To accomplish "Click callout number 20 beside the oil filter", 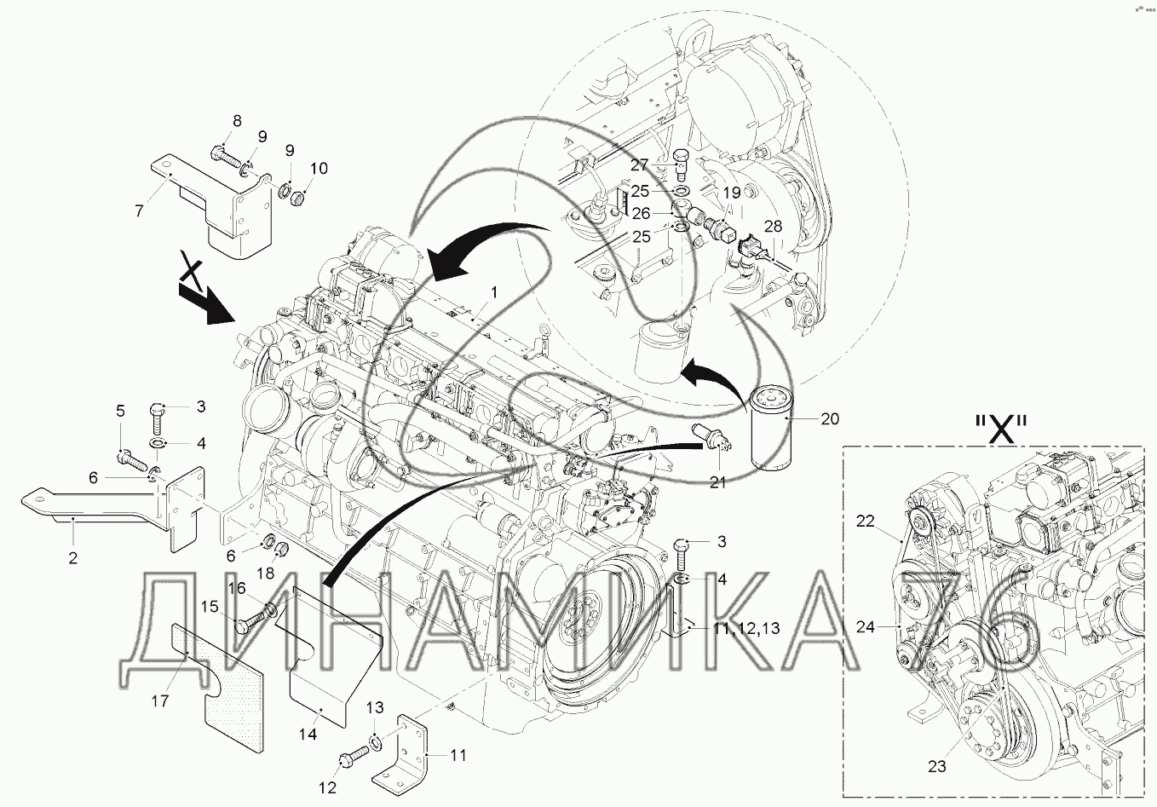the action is pyautogui.click(x=830, y=418).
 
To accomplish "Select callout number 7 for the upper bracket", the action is pyautogui.click(x=138, y=211).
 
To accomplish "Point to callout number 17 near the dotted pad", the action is pyautogui.click(x=160, y=701).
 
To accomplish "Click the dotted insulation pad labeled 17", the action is pyautogui.click(x=217, y=688).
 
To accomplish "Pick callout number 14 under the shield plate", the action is pyautogui.click(x=308, y=734).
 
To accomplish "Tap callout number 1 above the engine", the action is pyautogui.click(x=494, y=293).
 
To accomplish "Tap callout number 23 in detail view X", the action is pyautogui.click(x=936, y=767).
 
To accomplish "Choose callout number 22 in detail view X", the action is pyautogui.click(x=865, y=521).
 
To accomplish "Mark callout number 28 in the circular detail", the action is pyautogui.click(x=774, y=227).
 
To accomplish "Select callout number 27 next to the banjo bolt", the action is pyautogui.click(x=640, y=164).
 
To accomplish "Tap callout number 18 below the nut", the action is pyautogui.click(x=266, y=573).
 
